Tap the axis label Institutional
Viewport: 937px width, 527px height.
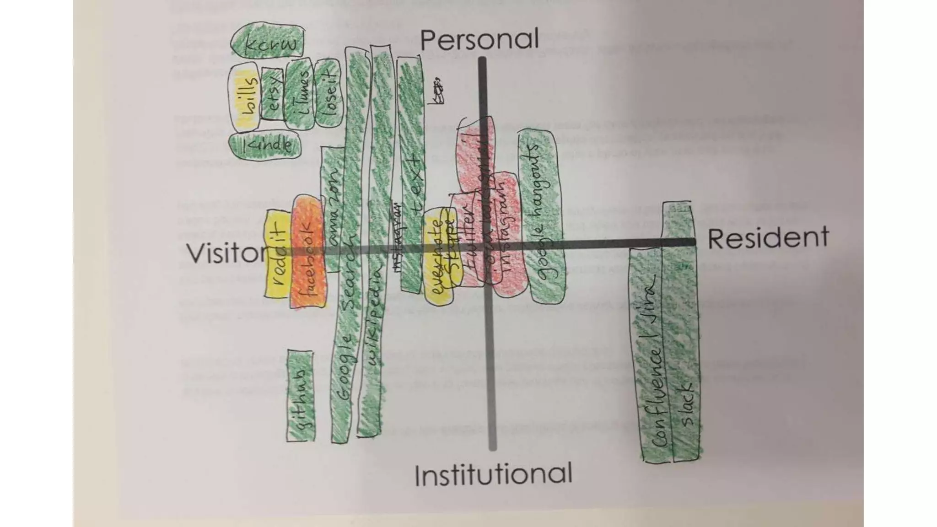(x=493, y=474)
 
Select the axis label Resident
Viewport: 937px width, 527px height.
(x=768, y=238)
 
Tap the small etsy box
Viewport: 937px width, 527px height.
(x=273, y=94)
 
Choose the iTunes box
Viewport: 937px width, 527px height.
(x=298, y=94)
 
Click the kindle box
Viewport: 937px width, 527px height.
(x=265, y=145)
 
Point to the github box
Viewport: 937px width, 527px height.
(x=301, y=397)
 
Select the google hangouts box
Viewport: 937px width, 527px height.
(x=541, y=215)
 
